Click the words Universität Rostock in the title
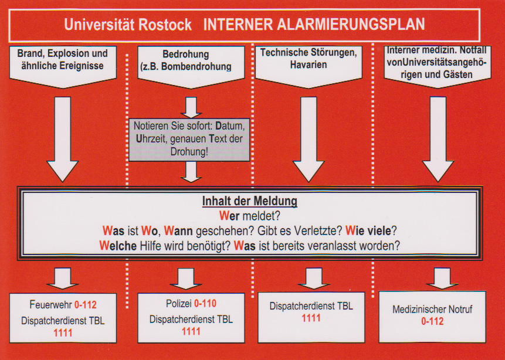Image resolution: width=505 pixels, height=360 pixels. pos(128,25)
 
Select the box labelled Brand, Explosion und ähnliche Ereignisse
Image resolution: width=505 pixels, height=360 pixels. pos(63,67)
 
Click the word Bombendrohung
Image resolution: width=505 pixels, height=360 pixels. pos(196,67)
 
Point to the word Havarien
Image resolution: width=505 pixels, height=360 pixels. pos(308,64)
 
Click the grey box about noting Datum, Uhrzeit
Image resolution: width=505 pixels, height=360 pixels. pos(189,140)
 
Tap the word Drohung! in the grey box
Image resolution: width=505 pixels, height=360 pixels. pos(189,152)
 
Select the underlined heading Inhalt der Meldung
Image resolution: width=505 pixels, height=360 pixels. pos(250,201)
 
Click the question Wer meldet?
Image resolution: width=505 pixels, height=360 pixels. pos(250,216)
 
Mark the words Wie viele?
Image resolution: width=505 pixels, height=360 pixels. pos(371,230)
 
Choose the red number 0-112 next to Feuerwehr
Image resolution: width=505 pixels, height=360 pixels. pos(86,305)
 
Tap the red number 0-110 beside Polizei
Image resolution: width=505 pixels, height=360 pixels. pos(205,303)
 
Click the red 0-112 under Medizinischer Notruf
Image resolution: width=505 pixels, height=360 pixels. pos(432,321)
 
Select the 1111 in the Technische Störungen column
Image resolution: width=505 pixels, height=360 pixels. pos(311,318)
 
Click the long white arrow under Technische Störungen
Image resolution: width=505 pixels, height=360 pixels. pos(309,139)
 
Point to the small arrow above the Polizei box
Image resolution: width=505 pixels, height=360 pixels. pos(186,279)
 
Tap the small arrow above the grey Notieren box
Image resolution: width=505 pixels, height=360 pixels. pos(191,107)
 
